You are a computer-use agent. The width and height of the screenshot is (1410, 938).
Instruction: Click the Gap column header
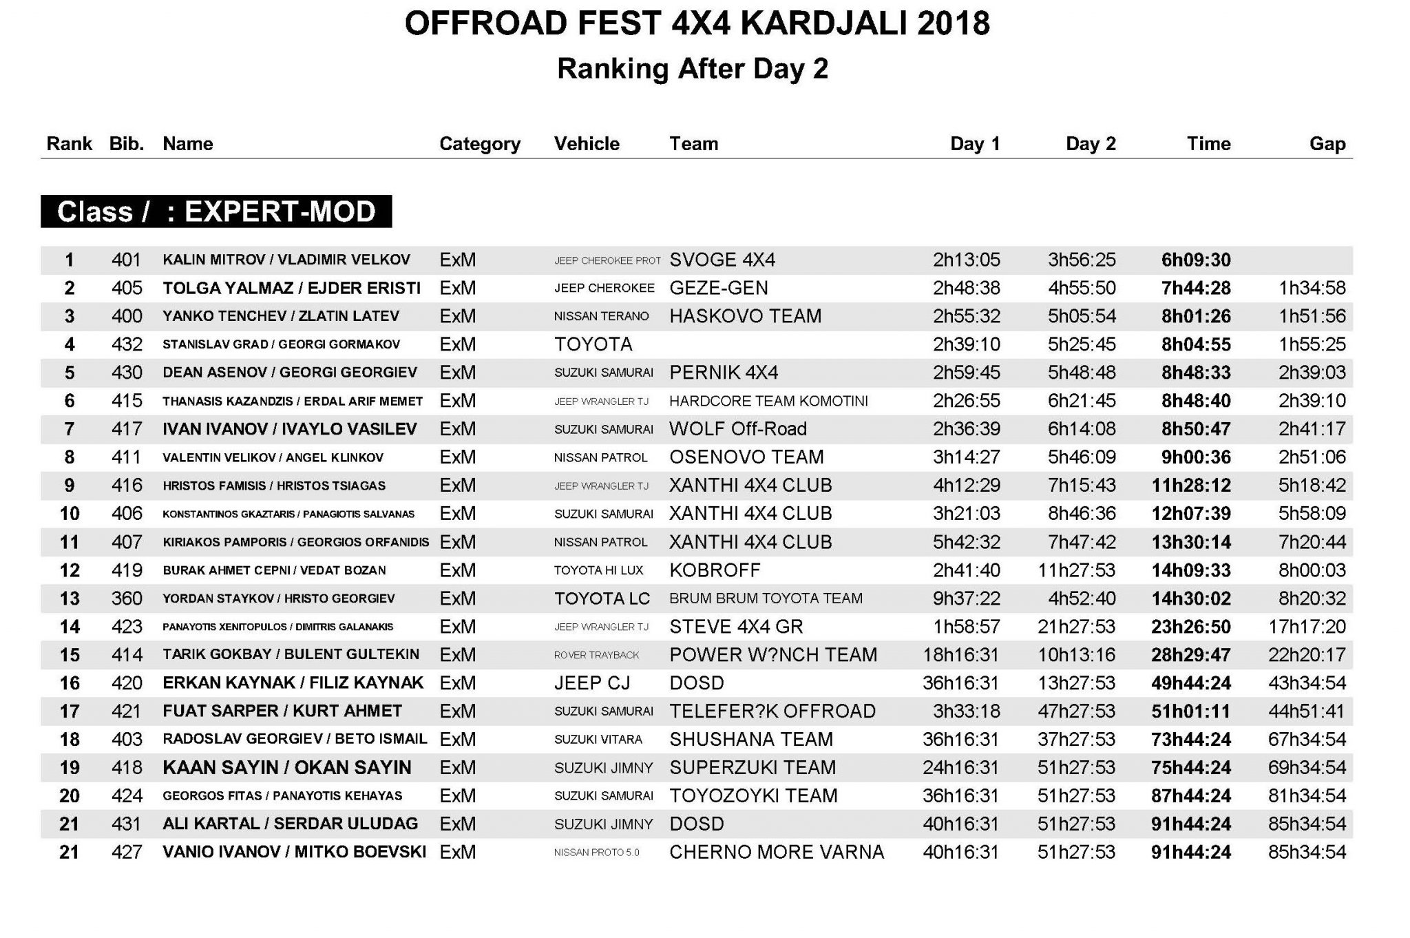point(1327,144)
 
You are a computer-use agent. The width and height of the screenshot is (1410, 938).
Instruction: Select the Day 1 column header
point(974,144)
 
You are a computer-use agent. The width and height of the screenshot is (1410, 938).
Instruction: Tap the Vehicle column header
point(587,144)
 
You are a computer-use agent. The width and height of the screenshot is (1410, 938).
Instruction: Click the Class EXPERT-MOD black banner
point(216,211)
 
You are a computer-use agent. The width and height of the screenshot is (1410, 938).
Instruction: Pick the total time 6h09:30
point(1196,260)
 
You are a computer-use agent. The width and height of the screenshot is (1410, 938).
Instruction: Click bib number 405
point(127,288)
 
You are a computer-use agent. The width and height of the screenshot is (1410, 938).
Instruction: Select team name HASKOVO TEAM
point(745,316)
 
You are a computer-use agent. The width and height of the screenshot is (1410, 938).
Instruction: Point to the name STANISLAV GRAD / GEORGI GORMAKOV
point(281,344)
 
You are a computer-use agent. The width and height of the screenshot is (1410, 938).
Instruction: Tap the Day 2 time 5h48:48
point(1082,373)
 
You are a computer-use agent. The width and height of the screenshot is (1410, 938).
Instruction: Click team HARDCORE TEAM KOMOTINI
point(768,401)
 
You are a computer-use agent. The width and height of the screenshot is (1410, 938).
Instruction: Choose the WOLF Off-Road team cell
point(737,429)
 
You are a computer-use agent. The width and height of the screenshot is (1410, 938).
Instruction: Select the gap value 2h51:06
point(1312,457)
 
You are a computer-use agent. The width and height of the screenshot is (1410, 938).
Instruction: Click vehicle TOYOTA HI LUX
point(598,570)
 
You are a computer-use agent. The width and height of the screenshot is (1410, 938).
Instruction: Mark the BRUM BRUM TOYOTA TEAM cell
point(766,598)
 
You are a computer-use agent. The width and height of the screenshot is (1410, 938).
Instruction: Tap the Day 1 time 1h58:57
point(967,627)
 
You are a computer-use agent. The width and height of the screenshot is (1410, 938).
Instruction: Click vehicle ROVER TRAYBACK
point(596,655)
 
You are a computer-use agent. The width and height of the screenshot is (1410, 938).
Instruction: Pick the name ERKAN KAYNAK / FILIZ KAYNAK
point(293,683)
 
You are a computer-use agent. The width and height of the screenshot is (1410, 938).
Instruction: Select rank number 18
point(70,740)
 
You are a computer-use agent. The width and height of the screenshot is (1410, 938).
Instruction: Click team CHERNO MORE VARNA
point(777,853)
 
